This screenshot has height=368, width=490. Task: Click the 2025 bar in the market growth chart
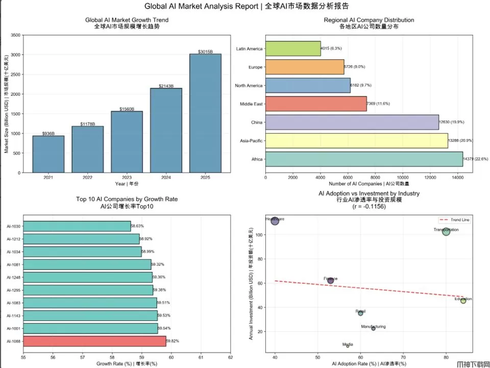coord(205,113)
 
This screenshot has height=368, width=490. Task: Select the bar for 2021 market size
coord(48,154)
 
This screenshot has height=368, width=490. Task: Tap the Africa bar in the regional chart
coord(364,159)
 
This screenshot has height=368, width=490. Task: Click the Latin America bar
coord(293,49)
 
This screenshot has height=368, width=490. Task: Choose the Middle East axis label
coord(251,104)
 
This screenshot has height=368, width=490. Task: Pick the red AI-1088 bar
coord(95,341)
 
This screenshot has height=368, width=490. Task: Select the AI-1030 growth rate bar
coord(77,226)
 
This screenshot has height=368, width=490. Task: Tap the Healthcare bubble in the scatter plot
coord(275,221)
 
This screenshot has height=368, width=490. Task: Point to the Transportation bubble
coord(446,232)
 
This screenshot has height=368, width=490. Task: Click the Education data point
coord(463,301)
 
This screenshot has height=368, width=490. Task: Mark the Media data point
coord(348,346)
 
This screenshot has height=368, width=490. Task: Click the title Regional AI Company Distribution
coord(369,20)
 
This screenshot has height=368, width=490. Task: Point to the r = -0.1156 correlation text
coord(369,207)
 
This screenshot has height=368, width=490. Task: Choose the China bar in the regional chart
coord(352,122)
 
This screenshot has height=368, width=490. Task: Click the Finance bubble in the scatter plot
coord(330,281)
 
